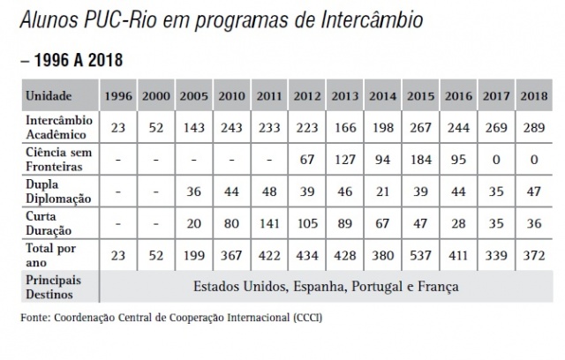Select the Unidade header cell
click(x=49, y=95)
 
